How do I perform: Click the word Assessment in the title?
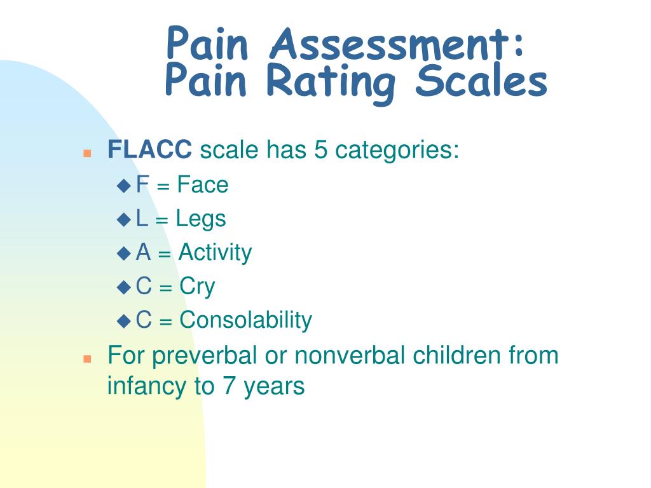click(397, 43)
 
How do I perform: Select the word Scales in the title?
click(481, 80)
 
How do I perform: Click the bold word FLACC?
click(149, 149)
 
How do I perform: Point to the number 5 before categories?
click(320, 149)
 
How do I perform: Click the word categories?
click(397, 150)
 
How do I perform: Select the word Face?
click(203, 184)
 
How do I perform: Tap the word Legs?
click(201, 219)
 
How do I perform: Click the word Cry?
click(197, 287)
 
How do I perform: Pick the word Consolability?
click(246, 320)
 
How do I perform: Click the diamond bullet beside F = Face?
click(124, 185)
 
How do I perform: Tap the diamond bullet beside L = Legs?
click(124, 219)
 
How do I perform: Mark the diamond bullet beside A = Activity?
click(124, 253)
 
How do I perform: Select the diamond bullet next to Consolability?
click(124, 321)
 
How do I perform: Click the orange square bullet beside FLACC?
click(87, 154)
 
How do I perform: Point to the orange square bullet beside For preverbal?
click(87, 359)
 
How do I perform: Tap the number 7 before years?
click(229, 386)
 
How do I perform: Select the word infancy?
click(147, 387)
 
